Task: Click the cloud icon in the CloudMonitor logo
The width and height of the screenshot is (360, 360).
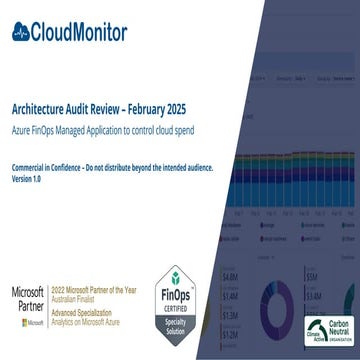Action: click(23, 30)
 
